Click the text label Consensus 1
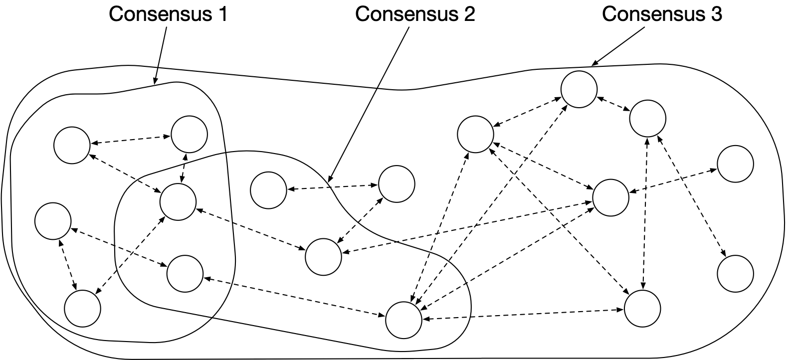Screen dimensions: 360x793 (169, 14)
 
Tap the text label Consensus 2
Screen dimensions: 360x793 (415, 14)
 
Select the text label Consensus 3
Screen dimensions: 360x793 (662, 14)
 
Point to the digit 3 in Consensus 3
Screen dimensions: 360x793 (716, 14)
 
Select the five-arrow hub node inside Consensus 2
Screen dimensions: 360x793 (404, 319)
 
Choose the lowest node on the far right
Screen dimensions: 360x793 (735, 273)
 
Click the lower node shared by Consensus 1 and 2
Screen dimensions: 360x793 (185, 273)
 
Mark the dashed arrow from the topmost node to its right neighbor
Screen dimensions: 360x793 (613, 105)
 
